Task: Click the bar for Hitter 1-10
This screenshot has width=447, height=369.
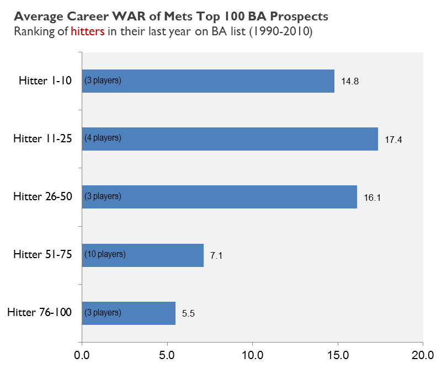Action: pos(221,81)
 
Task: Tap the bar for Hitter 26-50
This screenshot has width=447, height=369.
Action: pos(232,197)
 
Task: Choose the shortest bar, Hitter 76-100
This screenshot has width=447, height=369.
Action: pos(149,313)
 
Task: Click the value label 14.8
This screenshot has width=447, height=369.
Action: pos(350,82)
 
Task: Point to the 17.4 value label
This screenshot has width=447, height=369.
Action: pos(393,140)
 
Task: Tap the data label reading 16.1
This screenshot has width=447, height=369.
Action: pos(372,197)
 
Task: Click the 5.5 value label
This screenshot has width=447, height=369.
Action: pos(189,313)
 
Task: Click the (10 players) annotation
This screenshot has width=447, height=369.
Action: pos(105,254)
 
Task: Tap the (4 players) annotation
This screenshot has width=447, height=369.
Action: pos(103,138)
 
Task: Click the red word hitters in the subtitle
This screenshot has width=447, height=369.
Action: pos(88,31)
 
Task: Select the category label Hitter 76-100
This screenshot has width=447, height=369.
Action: pos(40,313)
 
